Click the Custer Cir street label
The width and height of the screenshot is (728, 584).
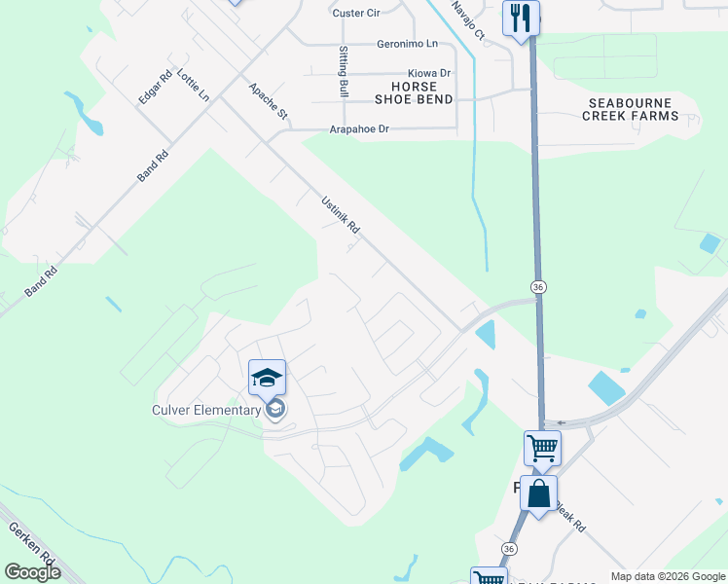354,13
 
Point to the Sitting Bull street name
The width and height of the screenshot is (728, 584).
344,71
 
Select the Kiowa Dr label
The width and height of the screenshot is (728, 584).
429,73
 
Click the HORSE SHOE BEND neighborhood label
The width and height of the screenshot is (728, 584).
414,93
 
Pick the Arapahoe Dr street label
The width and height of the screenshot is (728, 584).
359,128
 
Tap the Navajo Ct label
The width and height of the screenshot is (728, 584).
468,20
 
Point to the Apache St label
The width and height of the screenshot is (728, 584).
269,100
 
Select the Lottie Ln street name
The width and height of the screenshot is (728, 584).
193,85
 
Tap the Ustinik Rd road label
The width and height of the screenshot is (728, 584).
341,215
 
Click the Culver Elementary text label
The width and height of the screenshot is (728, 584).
206,410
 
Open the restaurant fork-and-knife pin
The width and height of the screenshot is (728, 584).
521,18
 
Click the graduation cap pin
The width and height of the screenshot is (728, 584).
267,377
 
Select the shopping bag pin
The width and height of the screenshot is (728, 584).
538,493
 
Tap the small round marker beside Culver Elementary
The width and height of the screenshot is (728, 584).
275,410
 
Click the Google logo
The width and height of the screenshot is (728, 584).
33,572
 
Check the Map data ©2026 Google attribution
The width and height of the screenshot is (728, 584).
668,576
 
